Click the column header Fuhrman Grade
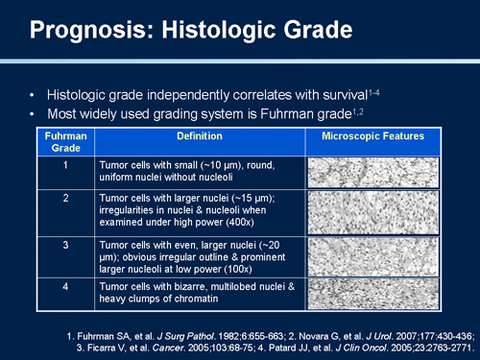[64, 142]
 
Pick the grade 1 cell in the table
[64, 165]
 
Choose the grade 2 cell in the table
[64, 198]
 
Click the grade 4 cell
[64, 286]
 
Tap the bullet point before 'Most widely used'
[35, 115]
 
